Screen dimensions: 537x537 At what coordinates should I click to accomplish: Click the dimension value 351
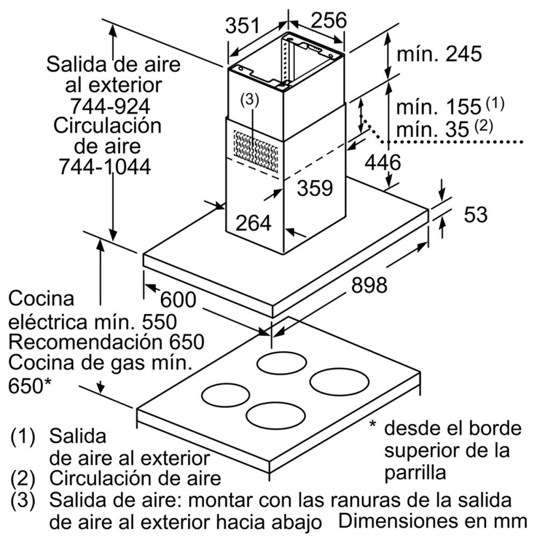[242, 26]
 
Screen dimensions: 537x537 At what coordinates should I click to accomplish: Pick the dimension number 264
[253, 222]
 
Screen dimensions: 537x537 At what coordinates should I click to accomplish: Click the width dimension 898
[369, 285]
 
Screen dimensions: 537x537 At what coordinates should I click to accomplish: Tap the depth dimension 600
[179, 299]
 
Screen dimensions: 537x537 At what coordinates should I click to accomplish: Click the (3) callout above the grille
[249, 99]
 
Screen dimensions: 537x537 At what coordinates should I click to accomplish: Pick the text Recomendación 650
[106, 342]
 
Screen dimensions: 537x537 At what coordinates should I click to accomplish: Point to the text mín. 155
[437, 106]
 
